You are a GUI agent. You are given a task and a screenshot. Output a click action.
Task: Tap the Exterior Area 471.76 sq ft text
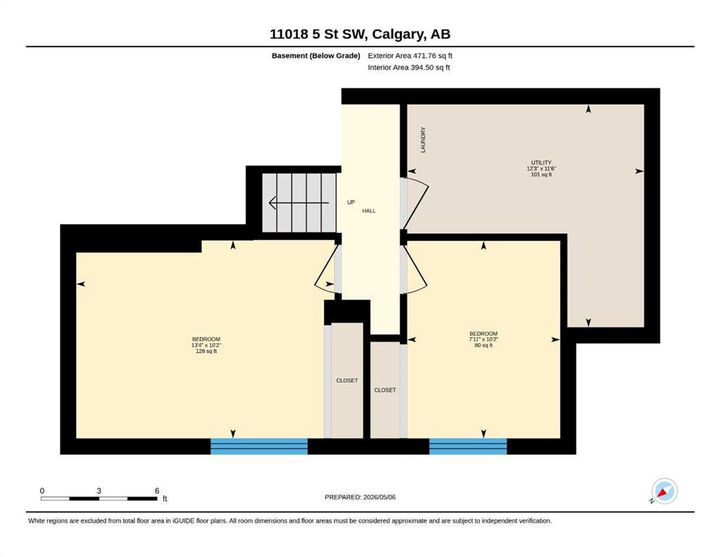410,56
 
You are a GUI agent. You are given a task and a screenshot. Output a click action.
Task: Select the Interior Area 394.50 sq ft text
409,67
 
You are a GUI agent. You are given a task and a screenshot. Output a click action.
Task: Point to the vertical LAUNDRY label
423,140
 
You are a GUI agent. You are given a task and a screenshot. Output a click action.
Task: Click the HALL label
369,211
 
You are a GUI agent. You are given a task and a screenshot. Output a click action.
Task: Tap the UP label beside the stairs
351,202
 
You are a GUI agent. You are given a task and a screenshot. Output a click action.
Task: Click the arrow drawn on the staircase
299,202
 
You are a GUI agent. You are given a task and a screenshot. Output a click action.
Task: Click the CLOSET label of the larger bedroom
347,381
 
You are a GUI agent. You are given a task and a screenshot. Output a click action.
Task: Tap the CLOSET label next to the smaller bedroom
385,390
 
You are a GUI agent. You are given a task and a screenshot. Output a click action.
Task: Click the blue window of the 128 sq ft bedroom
259,446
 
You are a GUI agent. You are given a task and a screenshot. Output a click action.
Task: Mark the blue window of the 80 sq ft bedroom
468,446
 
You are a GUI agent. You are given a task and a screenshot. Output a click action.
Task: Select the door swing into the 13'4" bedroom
324,269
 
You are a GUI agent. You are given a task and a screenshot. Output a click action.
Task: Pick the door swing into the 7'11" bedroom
415,269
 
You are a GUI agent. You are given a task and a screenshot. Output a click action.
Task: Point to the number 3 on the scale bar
99,491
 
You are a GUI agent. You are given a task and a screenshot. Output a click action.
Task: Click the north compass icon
664,491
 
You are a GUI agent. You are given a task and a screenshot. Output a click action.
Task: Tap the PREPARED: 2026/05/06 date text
360,497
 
